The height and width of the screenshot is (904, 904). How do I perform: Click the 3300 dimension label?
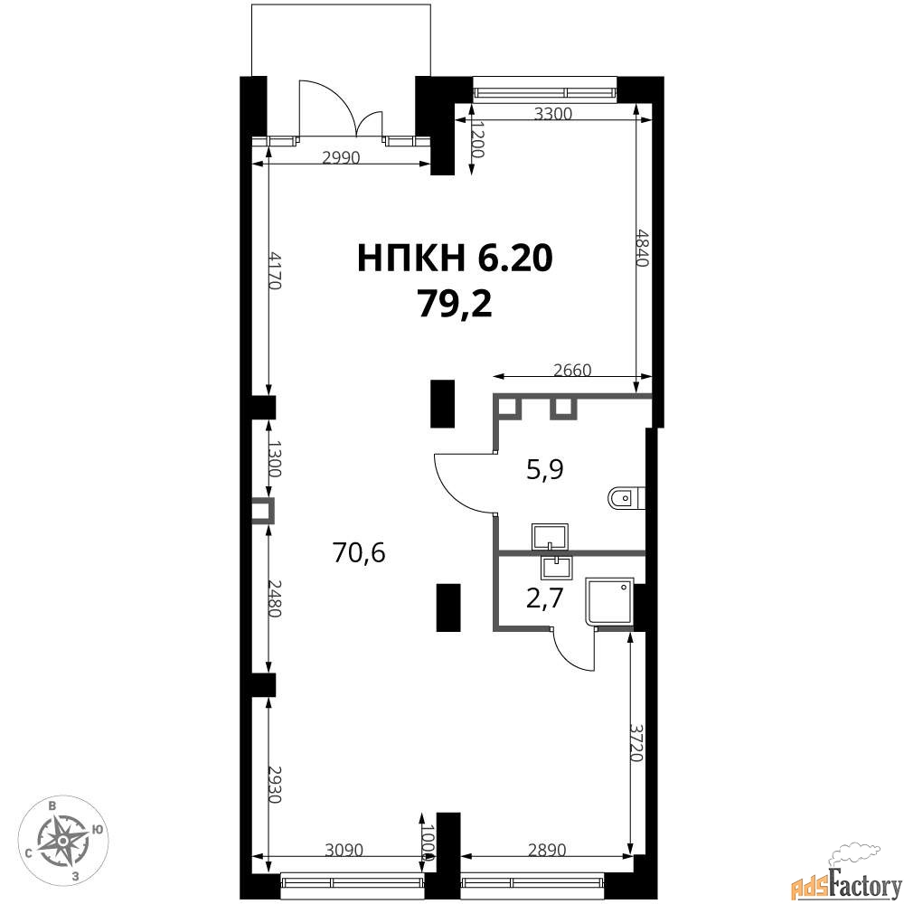tap(553, 114)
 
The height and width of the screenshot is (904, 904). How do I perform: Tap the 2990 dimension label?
tap(341, 157)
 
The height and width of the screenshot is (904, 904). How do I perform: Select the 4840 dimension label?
tap(642, 247)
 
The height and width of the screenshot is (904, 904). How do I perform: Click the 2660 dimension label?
tap(572, 370)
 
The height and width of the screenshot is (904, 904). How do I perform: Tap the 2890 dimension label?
tap(547, 850)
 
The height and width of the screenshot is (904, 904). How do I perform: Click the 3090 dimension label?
tap(344, 850)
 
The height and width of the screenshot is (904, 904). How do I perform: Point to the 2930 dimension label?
tap(275, 785)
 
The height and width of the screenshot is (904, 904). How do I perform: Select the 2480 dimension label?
tap(275, 598)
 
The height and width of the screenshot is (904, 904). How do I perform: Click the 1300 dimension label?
tap(275, 459)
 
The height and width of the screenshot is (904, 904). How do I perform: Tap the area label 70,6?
tap(359, 553)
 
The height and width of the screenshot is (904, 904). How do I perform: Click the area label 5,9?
tap(545, 470)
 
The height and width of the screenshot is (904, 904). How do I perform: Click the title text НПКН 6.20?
tap(455, 258)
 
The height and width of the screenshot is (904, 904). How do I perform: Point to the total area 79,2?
tap(456, 305)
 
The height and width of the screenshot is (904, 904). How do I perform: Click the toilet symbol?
tap(626, 498)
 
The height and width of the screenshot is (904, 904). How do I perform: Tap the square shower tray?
tap(609, 601)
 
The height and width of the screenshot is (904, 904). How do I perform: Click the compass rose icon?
tap(62, 841)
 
